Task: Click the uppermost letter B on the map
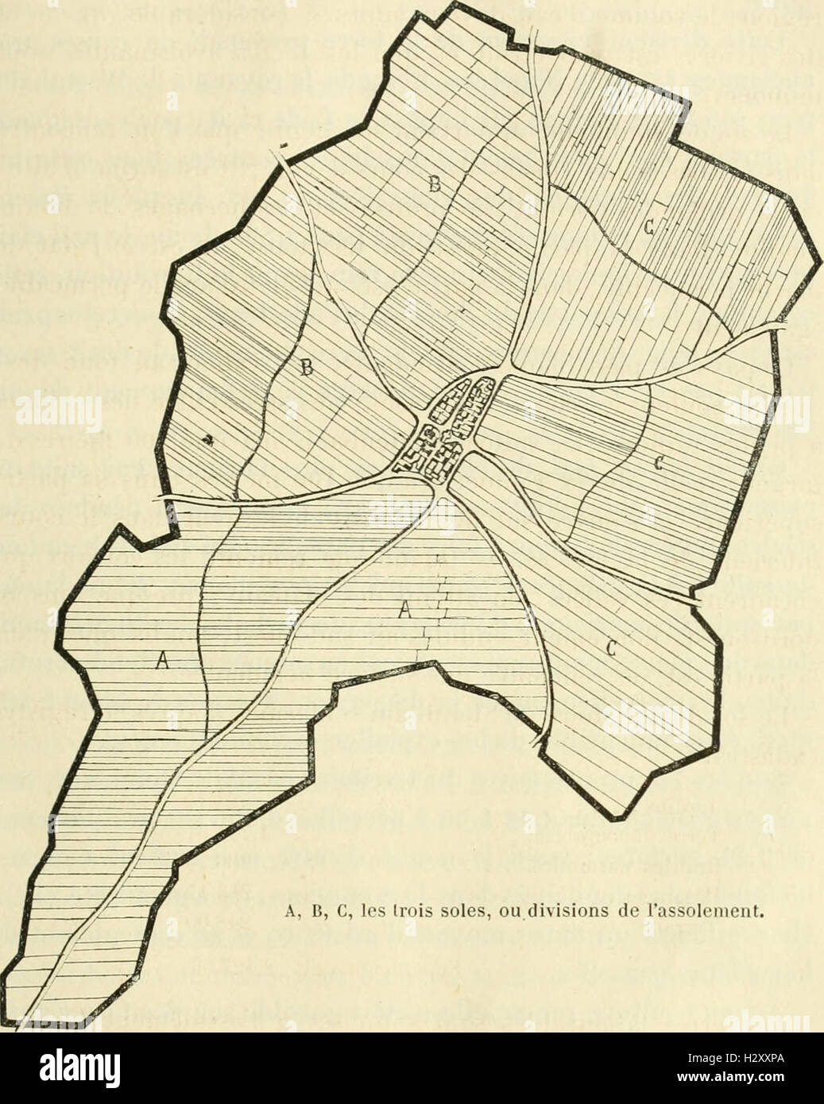[x=434, y=186]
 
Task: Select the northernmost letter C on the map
[x=648, y=229]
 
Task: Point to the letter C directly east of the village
[x=658, y=461]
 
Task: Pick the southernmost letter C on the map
[x=611, y=648]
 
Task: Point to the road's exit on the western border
[x=162, y=499]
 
